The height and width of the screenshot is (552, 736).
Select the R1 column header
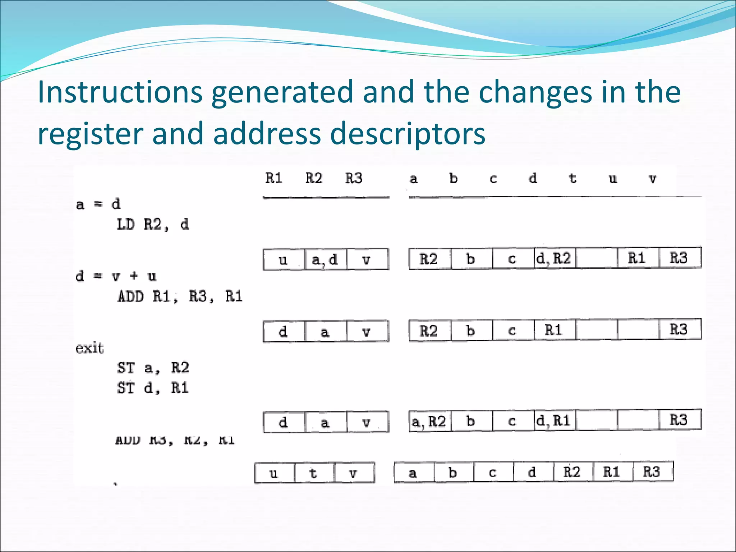coord(274,178)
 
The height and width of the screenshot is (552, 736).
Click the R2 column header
coord(314,178)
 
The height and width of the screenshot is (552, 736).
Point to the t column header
coord(572,179)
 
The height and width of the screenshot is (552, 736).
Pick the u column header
coord(613,179)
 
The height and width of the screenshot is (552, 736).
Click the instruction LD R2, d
coord(153,225)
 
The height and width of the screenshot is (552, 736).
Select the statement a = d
coord(98,204)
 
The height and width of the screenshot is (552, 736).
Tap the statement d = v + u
coord(116,276)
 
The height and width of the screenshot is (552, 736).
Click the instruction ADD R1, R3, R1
coord(180,296)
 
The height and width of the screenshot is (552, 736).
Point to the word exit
coord(89,348)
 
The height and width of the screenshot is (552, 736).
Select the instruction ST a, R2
coord(153,368)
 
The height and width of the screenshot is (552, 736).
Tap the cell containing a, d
coord(325,259)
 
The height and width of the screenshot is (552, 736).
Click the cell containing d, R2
coord(555,258)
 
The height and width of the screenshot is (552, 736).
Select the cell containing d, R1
coord(555,420)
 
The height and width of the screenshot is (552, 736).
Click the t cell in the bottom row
coord(314,473)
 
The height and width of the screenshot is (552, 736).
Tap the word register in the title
coord(90,133)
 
